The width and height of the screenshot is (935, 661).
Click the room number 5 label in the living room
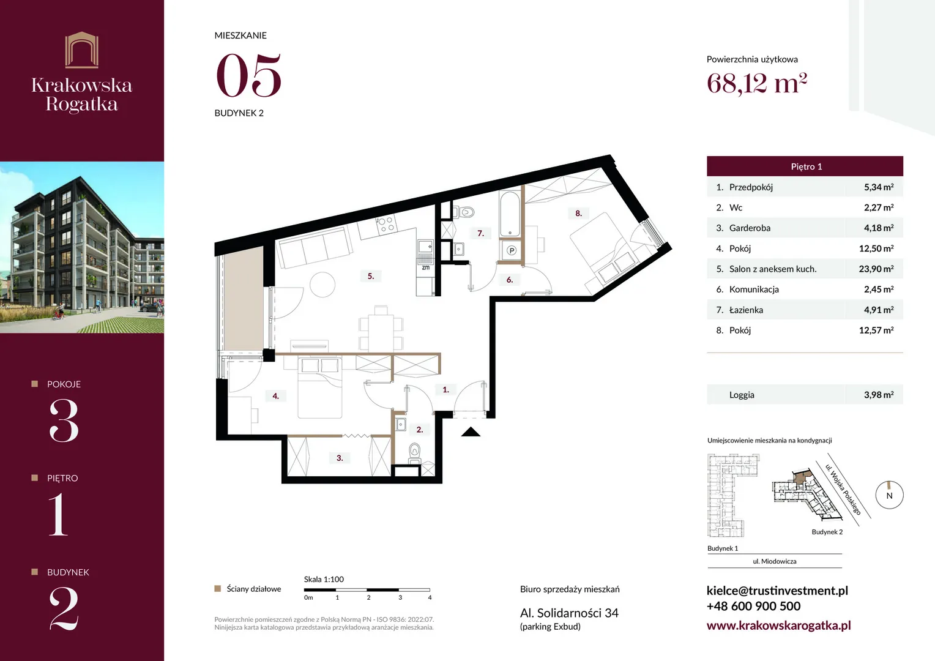(371, 276)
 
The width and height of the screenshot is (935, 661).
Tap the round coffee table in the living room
(322, 285)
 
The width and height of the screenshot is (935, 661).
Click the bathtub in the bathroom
(510, 214)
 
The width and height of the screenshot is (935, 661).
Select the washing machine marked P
(512, 250)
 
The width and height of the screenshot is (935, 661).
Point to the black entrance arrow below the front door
(471, 431)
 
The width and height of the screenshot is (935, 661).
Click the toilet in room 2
(414, 453)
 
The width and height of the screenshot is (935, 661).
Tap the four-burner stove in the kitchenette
(386, 224)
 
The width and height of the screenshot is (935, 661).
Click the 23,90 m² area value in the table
(876, 269)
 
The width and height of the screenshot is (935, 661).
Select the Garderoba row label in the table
(750, 228)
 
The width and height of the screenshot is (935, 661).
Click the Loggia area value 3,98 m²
(879, 395)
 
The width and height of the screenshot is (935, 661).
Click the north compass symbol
(890, 495)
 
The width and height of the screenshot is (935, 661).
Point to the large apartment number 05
(249, 75)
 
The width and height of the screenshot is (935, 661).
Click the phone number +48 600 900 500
(753, 606)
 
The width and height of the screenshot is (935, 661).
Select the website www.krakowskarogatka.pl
(779, 625)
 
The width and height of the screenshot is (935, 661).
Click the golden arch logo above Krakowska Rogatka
(82, 50)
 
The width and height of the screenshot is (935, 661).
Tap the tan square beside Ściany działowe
(217, 589)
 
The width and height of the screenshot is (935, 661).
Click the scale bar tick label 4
(430, 597)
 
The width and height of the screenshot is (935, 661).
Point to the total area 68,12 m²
(757, 83)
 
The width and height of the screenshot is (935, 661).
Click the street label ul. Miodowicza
(774, 561)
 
